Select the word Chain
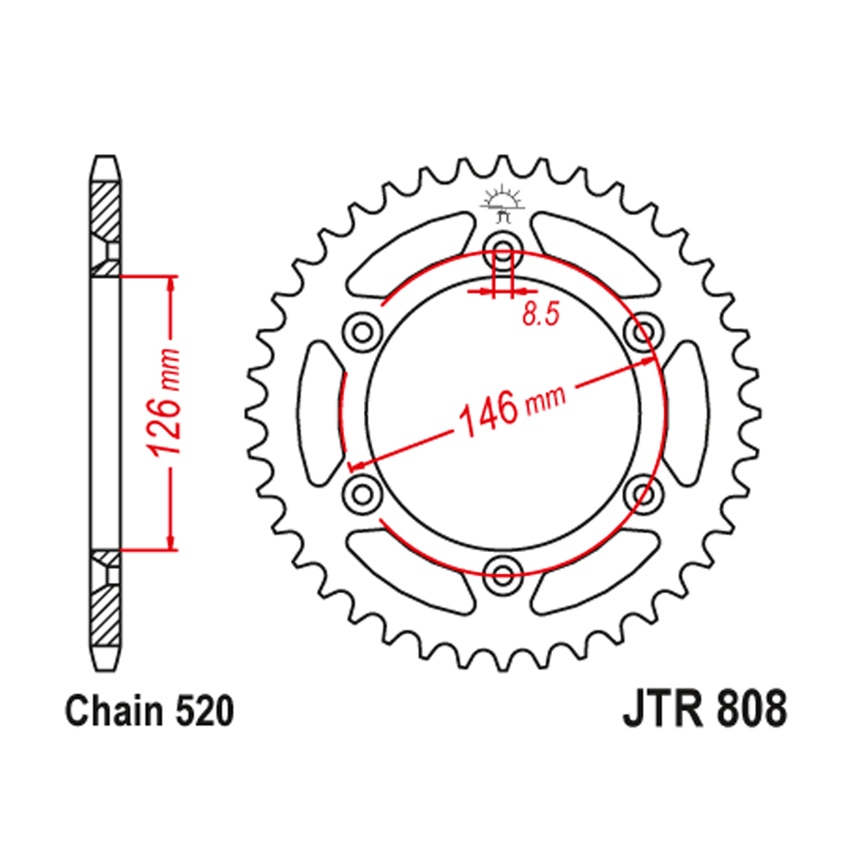click(x=111, y=712)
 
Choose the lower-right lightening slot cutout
click(x=596, y=565)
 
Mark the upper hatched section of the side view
click(x=105, y=210)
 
